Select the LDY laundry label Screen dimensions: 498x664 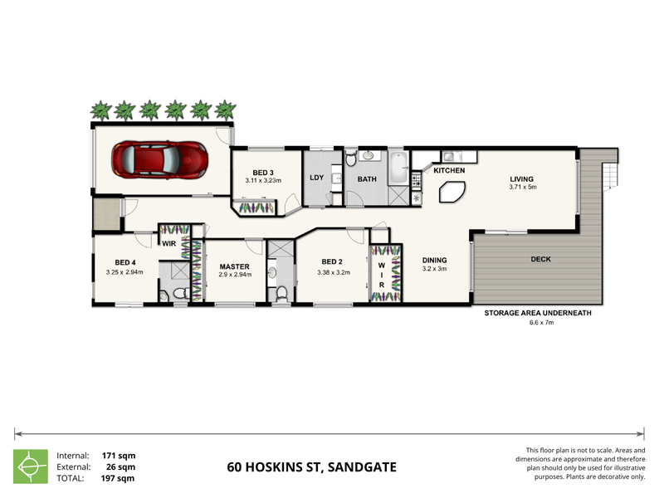pos(316,178)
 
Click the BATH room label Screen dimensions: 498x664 pos(368,178)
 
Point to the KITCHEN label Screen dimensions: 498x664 pos(449,170)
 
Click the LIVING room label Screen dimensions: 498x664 pos(522,178)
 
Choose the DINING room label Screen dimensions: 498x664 pos(435,259)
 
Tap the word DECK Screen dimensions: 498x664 pos(542,259)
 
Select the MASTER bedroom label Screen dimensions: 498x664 pos(235,266)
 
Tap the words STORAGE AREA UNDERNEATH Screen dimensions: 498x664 pos(537,313)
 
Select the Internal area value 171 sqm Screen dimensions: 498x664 pos(118,456)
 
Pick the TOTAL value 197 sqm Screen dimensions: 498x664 pos(118,478)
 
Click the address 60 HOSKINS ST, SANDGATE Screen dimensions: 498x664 pos(311,467)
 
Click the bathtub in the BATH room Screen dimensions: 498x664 pos(399,169)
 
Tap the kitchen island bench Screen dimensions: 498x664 pos(452,193)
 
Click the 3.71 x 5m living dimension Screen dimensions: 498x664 pos(523,187)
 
